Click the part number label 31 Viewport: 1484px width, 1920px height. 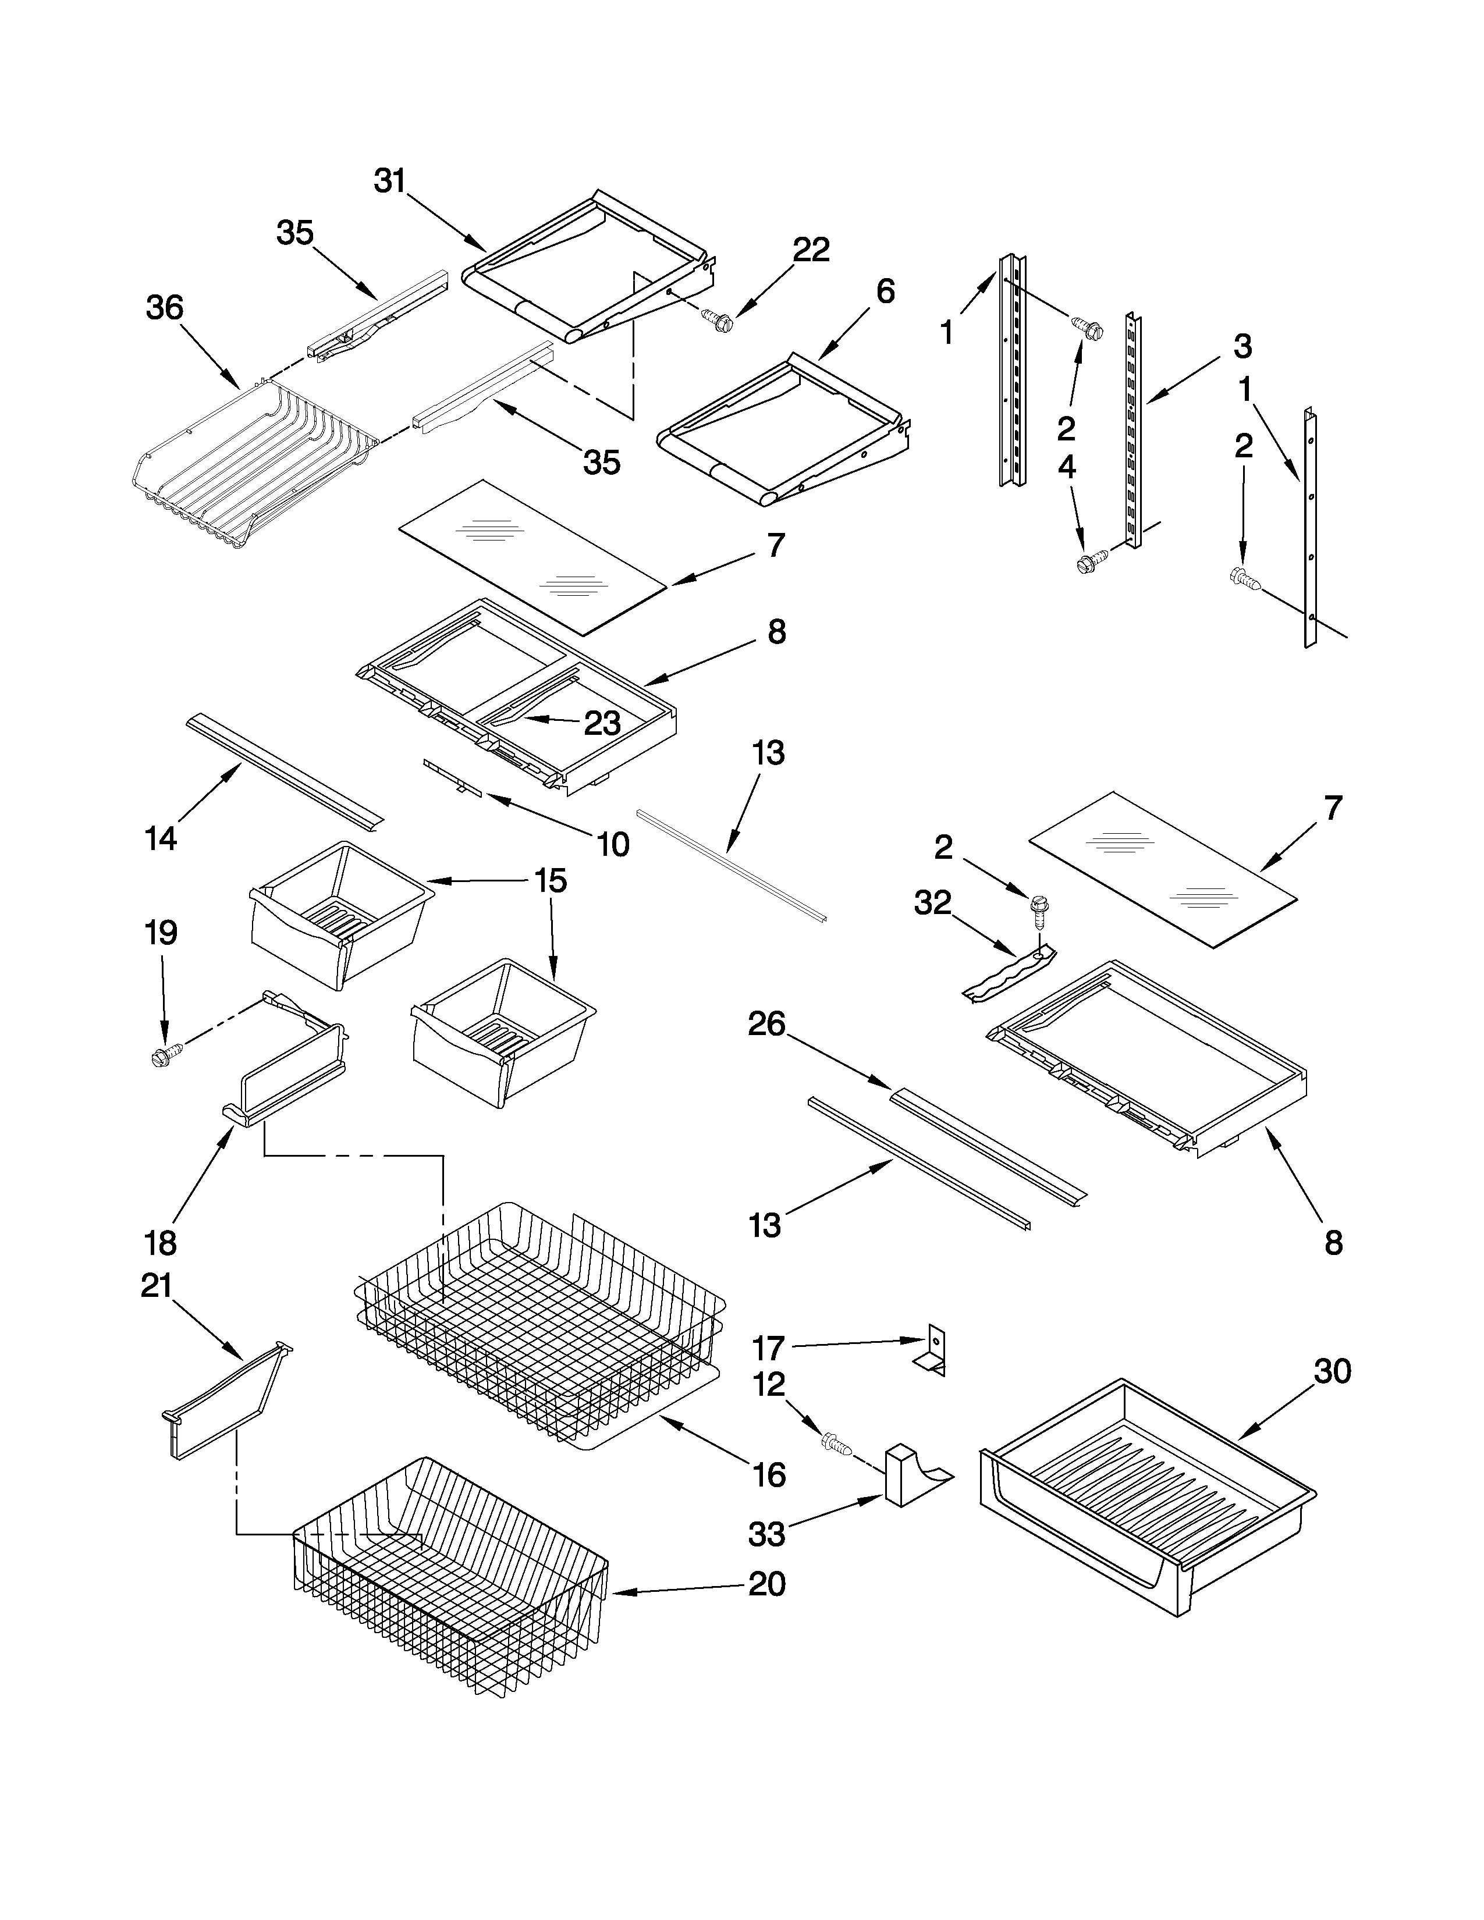point(389,181)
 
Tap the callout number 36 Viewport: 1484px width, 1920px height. point(164,308)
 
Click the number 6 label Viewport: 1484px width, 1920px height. point(885,291)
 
